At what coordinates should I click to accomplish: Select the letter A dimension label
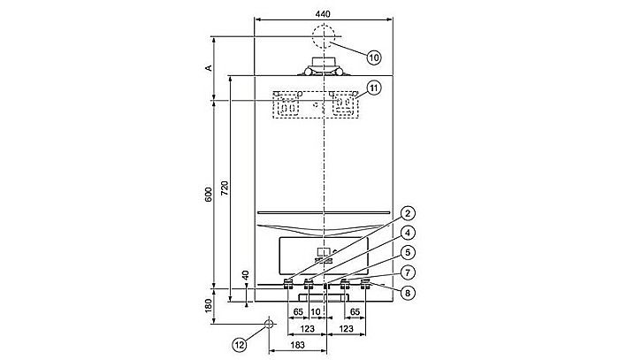click(208, 67)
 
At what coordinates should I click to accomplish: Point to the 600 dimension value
click(208, 194)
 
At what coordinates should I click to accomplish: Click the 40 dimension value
click(243, 274)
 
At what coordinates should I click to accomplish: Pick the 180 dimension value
click(208, 305)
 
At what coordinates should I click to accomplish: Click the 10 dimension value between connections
click(316, 312)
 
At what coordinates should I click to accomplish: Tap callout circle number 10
click(374, 57)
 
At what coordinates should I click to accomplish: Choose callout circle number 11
click(374, 88)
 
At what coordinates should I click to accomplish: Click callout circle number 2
click(406, 212)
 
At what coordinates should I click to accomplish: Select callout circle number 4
click(406, 233)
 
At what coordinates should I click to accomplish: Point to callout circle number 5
click(406, 252)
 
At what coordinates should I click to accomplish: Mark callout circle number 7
click(406, 272)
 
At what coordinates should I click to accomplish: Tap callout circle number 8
click(406, 291)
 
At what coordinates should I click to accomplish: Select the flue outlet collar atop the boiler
click(324, 67)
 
